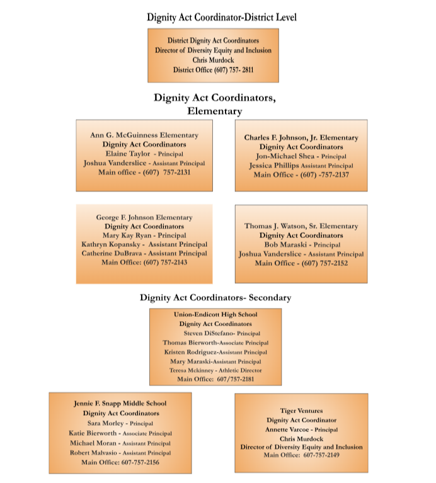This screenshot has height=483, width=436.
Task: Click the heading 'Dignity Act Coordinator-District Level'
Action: pyautogui.click(x=222, y=17)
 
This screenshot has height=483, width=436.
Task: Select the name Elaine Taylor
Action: pyautogui.click(x=128, y=154)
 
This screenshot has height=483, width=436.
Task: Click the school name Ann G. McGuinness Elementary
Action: pyautogui.click(x=144, y=135)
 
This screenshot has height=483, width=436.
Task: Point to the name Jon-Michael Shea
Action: pyautogui.click(x=285, y=156)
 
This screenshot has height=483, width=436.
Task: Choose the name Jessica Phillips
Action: pyautogui.click(x=274, y=166)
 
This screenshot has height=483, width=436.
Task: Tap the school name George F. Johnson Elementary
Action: pyautogui.click(x=144, y=217)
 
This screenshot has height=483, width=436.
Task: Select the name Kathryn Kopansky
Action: pyautogui.click(x=111, y=244)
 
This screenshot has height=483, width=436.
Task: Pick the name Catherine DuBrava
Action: pyautogui.click(x=112, y=253)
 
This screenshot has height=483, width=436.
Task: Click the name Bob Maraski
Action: pyautogui.click(x=285, y=244)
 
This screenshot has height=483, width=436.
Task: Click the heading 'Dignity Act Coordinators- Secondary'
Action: pyautogui.click(x=215, y=298)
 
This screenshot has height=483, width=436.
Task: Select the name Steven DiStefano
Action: pyautogui.click(x=209, y=333)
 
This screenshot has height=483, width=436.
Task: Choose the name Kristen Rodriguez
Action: pyautogui.click(x=190, y=352)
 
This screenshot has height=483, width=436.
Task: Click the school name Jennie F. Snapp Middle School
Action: pyautogui.click(x=120, y=403)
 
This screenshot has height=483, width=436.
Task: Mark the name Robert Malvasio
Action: pyautogui.click(x=93, y=453)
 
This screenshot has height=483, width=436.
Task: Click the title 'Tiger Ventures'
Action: pyautogui.click(x=301, y=411)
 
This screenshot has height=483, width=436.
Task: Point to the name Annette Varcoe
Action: pyautogui.click(x=287, y=429)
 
